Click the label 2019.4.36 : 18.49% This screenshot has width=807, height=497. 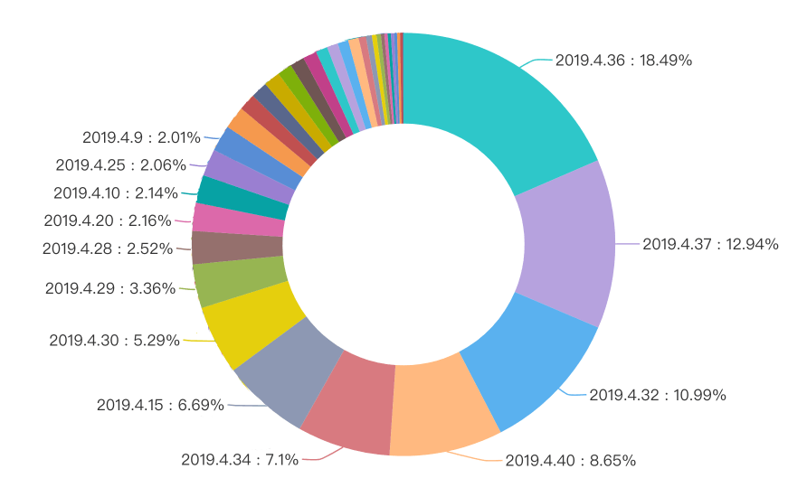point(623,61)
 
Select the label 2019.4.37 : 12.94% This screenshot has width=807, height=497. point(710,244)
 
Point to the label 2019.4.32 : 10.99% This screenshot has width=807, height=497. point(658,395)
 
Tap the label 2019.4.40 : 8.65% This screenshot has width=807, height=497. point(570,460)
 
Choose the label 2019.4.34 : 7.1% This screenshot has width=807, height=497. point(240,459)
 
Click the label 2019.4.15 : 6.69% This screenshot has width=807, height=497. point(160,405)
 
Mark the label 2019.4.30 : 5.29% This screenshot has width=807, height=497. point(114,341)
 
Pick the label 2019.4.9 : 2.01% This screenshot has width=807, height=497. point(141,137)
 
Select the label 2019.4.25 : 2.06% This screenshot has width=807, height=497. point(120,164)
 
